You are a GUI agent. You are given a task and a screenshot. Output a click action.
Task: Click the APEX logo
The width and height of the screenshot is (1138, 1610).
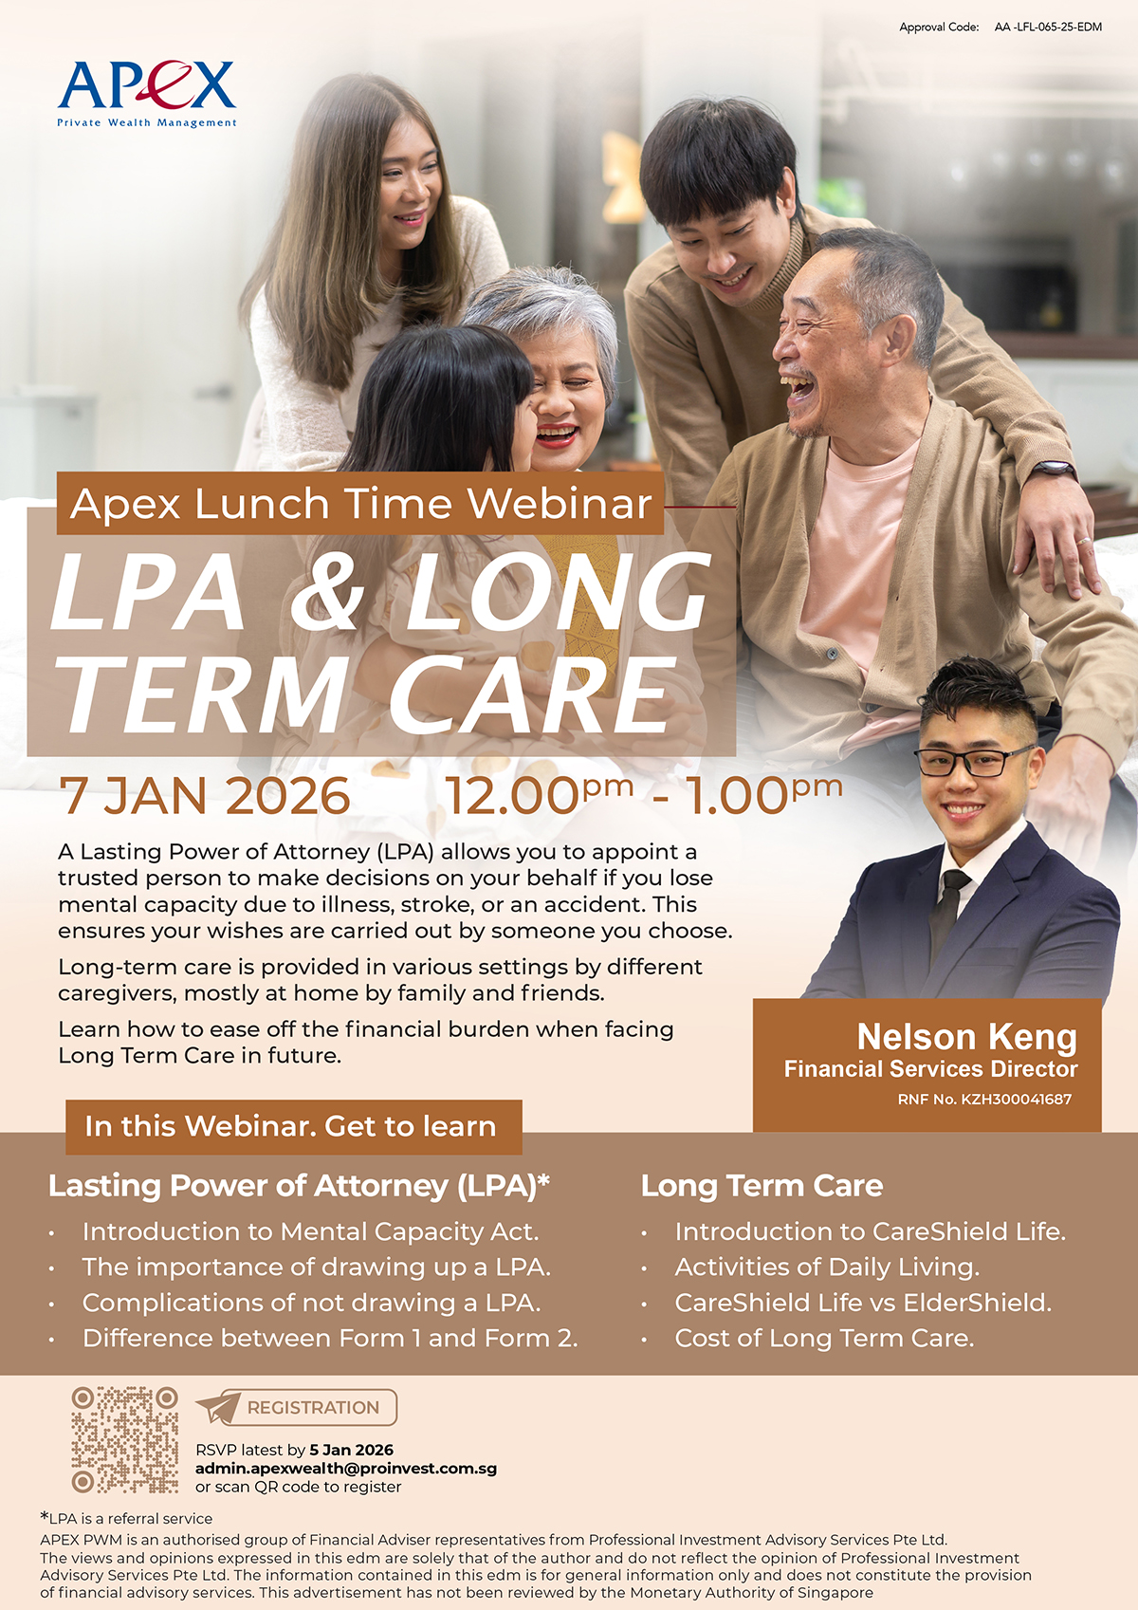point(147,94)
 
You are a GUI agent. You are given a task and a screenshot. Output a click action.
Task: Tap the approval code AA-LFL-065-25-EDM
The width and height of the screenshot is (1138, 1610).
point(1048,28)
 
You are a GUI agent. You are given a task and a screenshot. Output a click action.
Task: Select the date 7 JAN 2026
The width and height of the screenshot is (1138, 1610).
point(205,796)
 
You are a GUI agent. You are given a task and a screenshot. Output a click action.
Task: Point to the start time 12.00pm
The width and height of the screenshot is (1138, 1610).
point(539,795)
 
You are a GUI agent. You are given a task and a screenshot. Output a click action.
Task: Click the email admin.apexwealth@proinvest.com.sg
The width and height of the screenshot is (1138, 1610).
point(346,1469)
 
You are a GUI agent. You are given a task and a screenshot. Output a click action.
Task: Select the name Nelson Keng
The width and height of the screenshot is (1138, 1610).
point(967,1037)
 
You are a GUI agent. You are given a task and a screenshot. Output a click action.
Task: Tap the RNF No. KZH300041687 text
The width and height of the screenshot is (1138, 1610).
point(984,1099)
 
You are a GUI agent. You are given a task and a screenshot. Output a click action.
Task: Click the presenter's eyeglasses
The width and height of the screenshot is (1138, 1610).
point(975,762)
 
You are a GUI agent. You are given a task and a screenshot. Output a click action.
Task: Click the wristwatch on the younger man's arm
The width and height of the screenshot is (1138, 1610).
point(1054,469)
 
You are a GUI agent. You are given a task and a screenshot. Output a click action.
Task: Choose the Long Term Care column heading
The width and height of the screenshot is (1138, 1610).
point(762,1186)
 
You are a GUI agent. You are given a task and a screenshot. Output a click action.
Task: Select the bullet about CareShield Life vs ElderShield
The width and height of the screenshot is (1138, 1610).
point(863,1304)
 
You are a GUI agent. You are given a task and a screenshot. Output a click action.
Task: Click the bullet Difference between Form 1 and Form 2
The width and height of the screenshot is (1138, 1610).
point(330,1339)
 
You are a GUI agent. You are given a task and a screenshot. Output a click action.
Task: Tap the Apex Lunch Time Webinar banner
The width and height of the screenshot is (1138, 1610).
point(360,503)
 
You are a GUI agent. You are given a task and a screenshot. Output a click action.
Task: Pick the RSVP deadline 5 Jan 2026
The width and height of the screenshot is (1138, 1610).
point(351,1450)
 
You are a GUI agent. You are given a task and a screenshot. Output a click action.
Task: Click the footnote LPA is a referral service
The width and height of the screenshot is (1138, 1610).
point(126,1519)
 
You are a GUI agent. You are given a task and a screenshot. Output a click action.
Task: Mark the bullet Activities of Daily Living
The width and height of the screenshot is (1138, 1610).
point(827,1268)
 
